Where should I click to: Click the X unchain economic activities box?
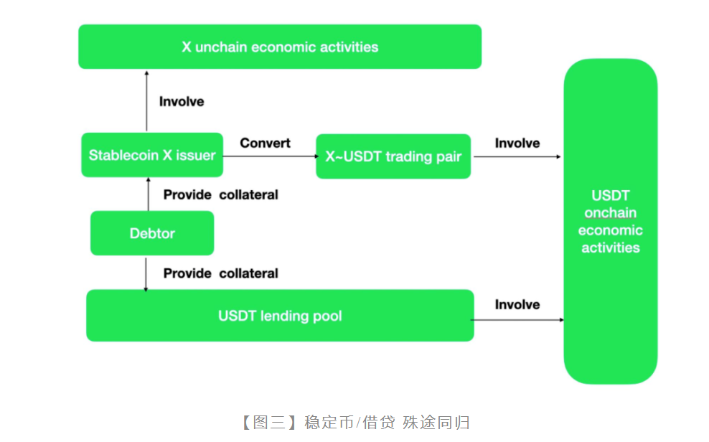pos(280,47)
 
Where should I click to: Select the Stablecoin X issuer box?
pos(152,155)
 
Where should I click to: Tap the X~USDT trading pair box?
pos(393,156)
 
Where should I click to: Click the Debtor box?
pos(152,233)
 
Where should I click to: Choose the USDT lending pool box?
pos(280,316)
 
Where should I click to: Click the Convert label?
pos(265,143)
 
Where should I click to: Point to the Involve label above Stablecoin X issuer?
pos(182,101)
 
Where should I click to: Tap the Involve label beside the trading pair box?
pos(517,143)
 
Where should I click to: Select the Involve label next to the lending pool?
pos(517,304)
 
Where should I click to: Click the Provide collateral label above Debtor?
pos(220,194)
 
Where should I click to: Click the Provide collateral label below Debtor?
pos(220,273)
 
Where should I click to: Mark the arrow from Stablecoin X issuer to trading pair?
pos(269,156)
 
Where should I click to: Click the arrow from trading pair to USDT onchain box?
pos(517,156)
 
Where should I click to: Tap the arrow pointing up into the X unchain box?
pos(146,100)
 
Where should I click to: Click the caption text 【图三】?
pos(266,422)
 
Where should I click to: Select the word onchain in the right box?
pos(610,212)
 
